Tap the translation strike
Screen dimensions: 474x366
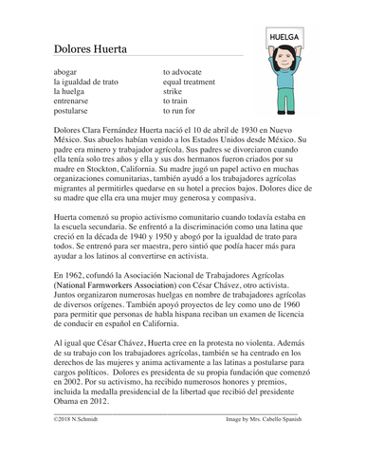tap(173, 92)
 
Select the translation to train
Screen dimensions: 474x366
tap(176, 102)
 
